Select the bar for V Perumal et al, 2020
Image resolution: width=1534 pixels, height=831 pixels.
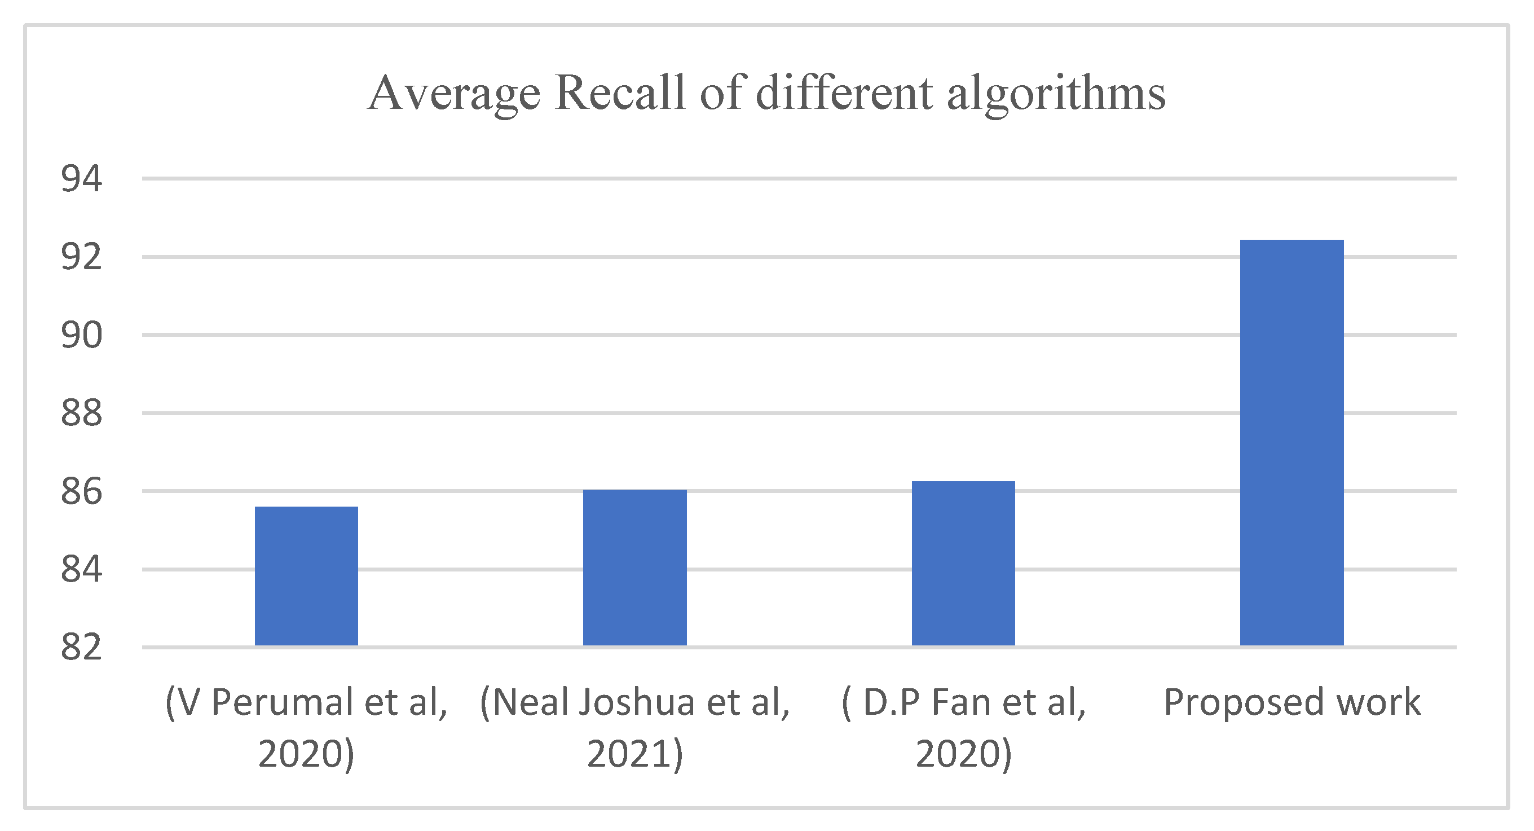pos(306,575)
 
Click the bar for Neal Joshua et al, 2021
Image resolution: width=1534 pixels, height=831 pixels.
pos(635,567)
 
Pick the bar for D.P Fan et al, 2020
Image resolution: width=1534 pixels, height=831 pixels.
pos(963,563)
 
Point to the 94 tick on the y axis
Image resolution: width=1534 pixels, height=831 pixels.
pos(82,178)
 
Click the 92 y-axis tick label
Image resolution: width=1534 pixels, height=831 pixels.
pos(82,257)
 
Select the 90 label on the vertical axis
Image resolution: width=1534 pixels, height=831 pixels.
pos(82,335)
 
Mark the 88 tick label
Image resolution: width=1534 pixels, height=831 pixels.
pos(82,413)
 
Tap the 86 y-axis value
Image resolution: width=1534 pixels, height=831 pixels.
pos(82,491)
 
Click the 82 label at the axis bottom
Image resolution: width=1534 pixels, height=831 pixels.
pos(82,648)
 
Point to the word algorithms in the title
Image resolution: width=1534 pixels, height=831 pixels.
pos(1056,94)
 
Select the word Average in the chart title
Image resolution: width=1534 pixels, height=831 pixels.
pos(454,94)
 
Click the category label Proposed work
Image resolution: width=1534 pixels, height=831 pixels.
pos(1292,702)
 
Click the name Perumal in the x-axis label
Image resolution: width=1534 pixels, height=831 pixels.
pos(284,702)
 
